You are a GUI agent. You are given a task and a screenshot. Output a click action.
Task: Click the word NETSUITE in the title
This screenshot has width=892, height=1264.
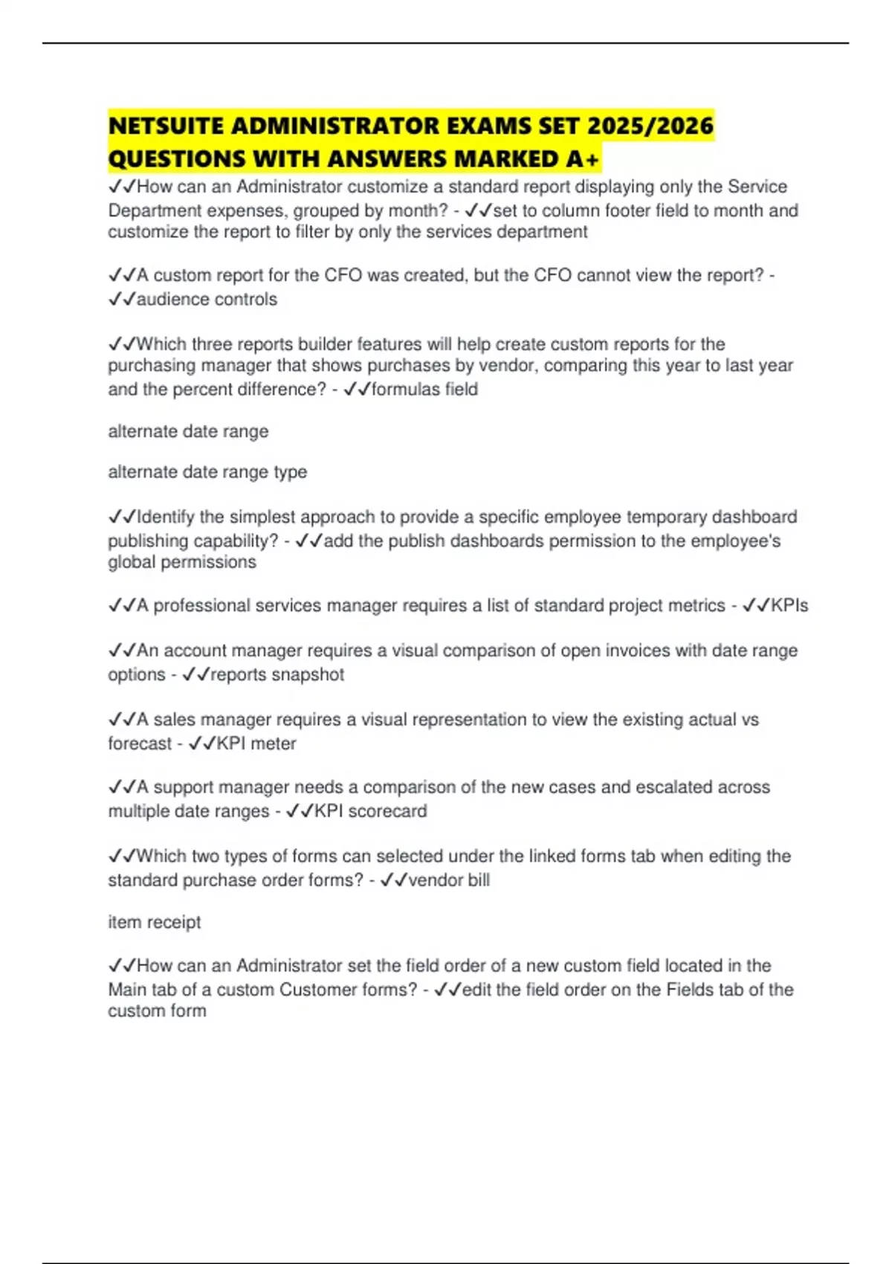click(166, 126)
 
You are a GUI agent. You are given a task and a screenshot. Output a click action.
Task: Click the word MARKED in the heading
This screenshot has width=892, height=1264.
click(505, 159)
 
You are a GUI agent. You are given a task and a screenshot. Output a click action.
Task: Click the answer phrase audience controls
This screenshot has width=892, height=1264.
click(207, 299)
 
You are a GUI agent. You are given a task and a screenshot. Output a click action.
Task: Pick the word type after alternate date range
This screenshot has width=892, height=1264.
click(290, 472)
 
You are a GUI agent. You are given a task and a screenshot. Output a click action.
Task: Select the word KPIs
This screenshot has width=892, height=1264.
click(789, 605)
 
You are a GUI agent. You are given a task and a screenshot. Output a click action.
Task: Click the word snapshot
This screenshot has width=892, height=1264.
click(308, 674)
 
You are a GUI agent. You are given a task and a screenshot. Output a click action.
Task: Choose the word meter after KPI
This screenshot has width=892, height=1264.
click(274, 744)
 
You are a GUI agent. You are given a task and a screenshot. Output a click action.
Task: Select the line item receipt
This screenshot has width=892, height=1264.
click(155, 922)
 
